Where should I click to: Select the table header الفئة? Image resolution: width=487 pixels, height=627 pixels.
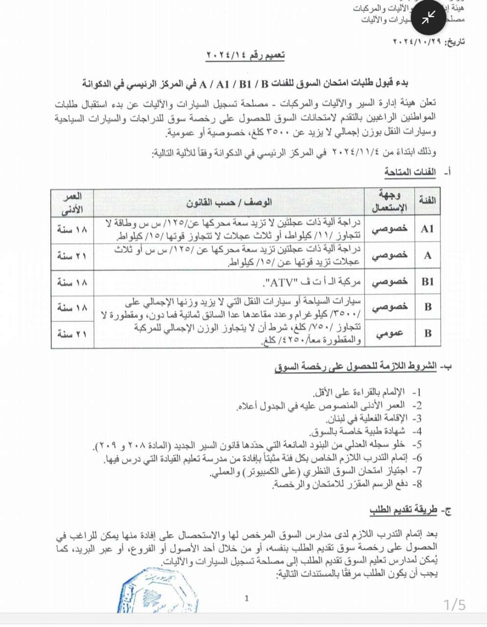[x=427, y=201]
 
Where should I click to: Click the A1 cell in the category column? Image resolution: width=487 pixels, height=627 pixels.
[x=427, y=229]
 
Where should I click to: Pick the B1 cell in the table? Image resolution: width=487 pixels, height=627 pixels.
[x=427, y=282]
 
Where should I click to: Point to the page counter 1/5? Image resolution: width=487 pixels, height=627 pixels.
[x=455, y=605]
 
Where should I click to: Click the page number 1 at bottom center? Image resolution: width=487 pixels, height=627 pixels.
[x=247, y=598]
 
